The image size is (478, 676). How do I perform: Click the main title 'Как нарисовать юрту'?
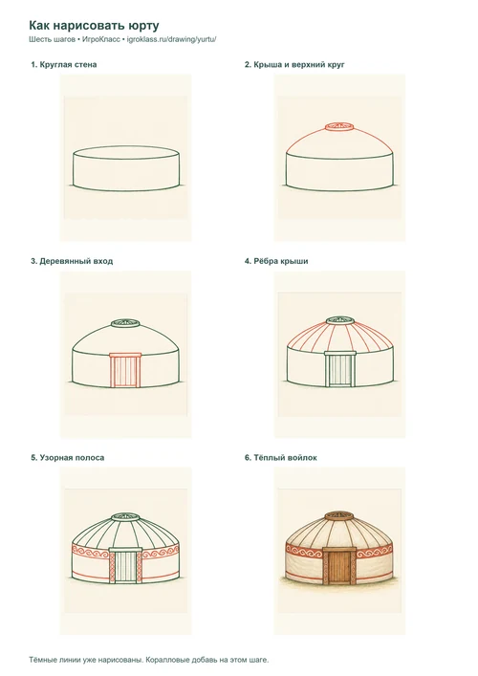coord(94,26)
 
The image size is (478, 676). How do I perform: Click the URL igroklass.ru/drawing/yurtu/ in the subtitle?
coord(171,39)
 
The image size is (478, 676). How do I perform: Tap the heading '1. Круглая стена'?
coord(64,65)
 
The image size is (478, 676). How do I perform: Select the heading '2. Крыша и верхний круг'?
coord(294,65)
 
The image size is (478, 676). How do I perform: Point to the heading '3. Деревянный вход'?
coord(72,261)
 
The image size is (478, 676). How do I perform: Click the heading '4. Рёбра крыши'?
coord(276,261)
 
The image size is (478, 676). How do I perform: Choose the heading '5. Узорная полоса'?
coord(68,458)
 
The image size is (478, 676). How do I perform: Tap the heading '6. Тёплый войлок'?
coord(281,458)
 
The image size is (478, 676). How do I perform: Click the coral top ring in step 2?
coord(339,127)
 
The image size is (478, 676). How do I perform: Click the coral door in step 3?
coord(125,370)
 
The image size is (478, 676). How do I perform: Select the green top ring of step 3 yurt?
coord(125,323)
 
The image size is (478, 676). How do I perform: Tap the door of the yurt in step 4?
coord(339,369)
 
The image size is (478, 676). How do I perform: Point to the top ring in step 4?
coord(339,320)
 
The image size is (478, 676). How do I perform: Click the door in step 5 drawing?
coord(125,565)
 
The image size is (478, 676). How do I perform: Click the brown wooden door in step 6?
coord(339,566)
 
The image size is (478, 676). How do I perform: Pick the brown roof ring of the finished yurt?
coord(339,516)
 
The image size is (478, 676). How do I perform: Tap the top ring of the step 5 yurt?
coord(125,517)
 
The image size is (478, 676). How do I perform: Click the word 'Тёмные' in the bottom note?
coord(41,660)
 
